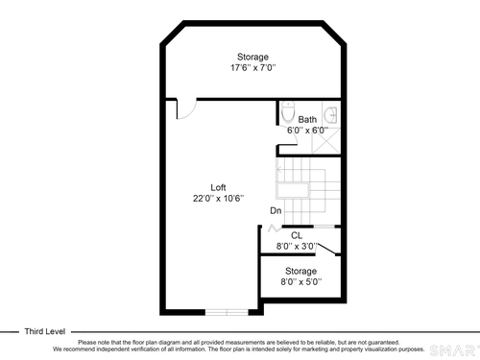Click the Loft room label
click(218, 187)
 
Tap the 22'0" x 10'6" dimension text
click(218, 199)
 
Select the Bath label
click(307, 119)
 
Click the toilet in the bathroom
click(288, 112)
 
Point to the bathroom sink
click(331, 114)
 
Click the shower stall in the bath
click(326, 141)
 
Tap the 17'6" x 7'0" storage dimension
click(253, 68)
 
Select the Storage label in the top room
click(252, 57)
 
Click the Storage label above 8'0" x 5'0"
click(300, 271)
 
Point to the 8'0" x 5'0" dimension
click(301, 282)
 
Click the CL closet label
click(297, 236)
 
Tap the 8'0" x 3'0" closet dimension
click(297, 247)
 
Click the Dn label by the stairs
click(276, 210)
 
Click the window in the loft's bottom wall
click(227, 312)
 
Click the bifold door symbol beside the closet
click(275, 228)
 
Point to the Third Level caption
click(45, 331)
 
